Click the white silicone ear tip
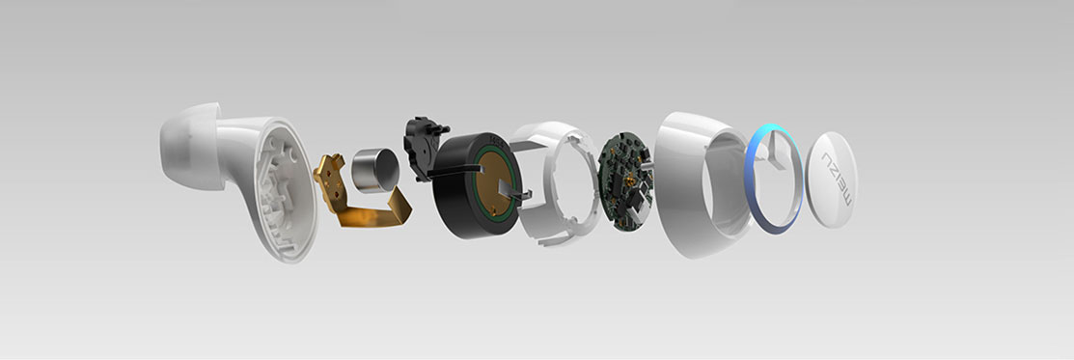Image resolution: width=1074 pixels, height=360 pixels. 188,146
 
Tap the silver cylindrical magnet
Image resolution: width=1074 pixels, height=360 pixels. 374,170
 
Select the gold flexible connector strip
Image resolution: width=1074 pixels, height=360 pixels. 362,194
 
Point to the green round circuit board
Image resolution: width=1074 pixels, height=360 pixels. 624,181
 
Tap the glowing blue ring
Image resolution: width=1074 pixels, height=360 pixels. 773,179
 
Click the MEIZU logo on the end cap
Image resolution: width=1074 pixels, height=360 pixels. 837,179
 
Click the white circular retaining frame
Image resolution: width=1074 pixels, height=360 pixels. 554,183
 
